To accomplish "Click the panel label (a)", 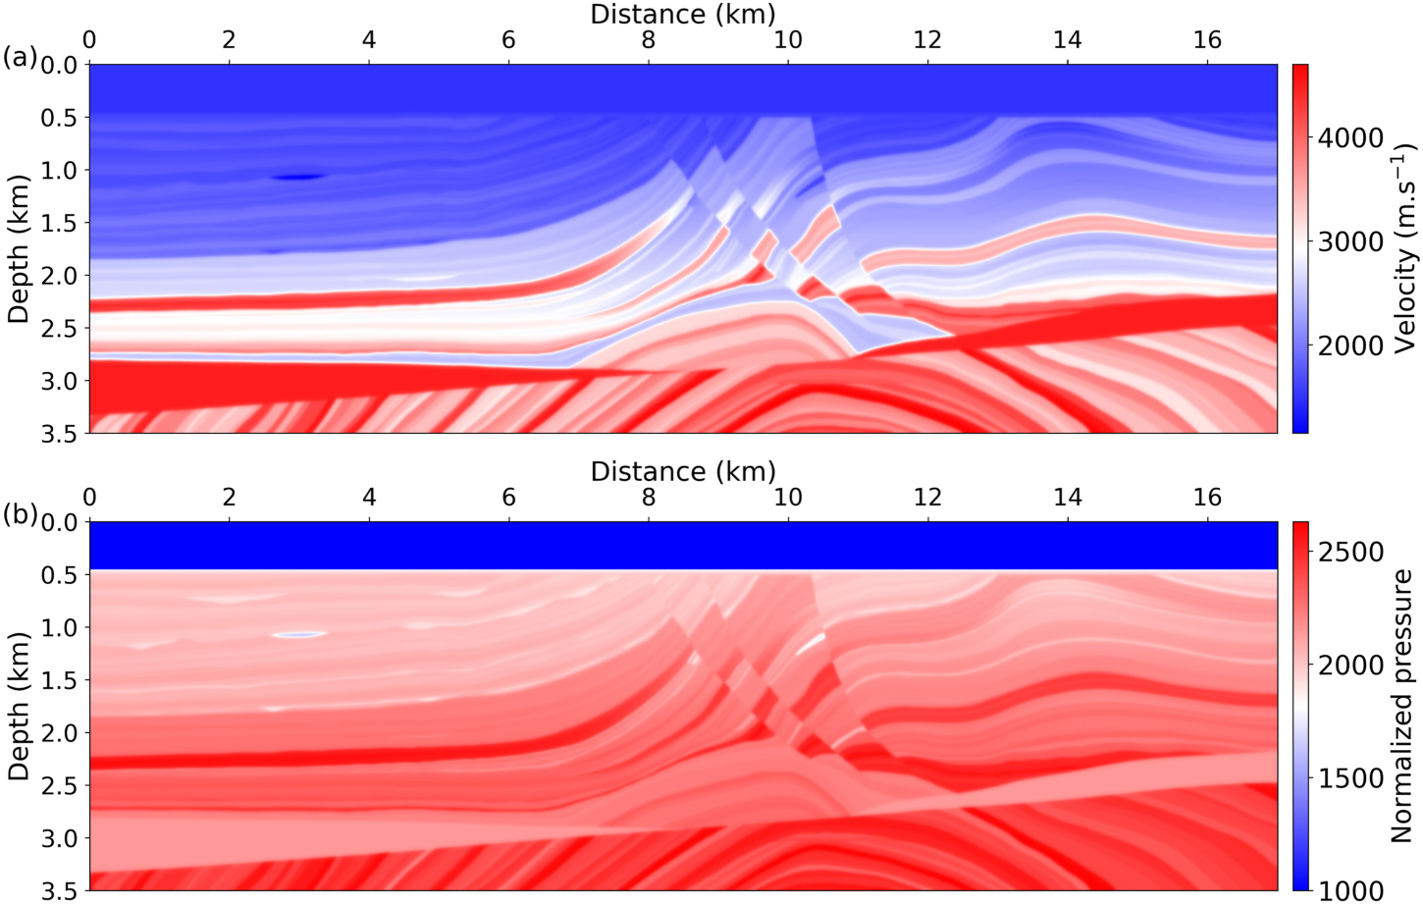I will [x=19, y=58].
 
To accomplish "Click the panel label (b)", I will [x=19, y=514].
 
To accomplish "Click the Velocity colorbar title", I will [x=1405, y=248].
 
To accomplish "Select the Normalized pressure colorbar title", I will [x=1402, y=706].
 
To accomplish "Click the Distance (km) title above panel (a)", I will [x=683, y=14].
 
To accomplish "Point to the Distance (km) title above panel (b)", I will [x=683, y=471].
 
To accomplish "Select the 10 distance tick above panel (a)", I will [x=788, y=40].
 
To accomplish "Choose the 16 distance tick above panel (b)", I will [x=1207, y=498].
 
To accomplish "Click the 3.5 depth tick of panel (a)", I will [x=58, y=433].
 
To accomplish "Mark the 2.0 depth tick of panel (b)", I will [x=58, y=732].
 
